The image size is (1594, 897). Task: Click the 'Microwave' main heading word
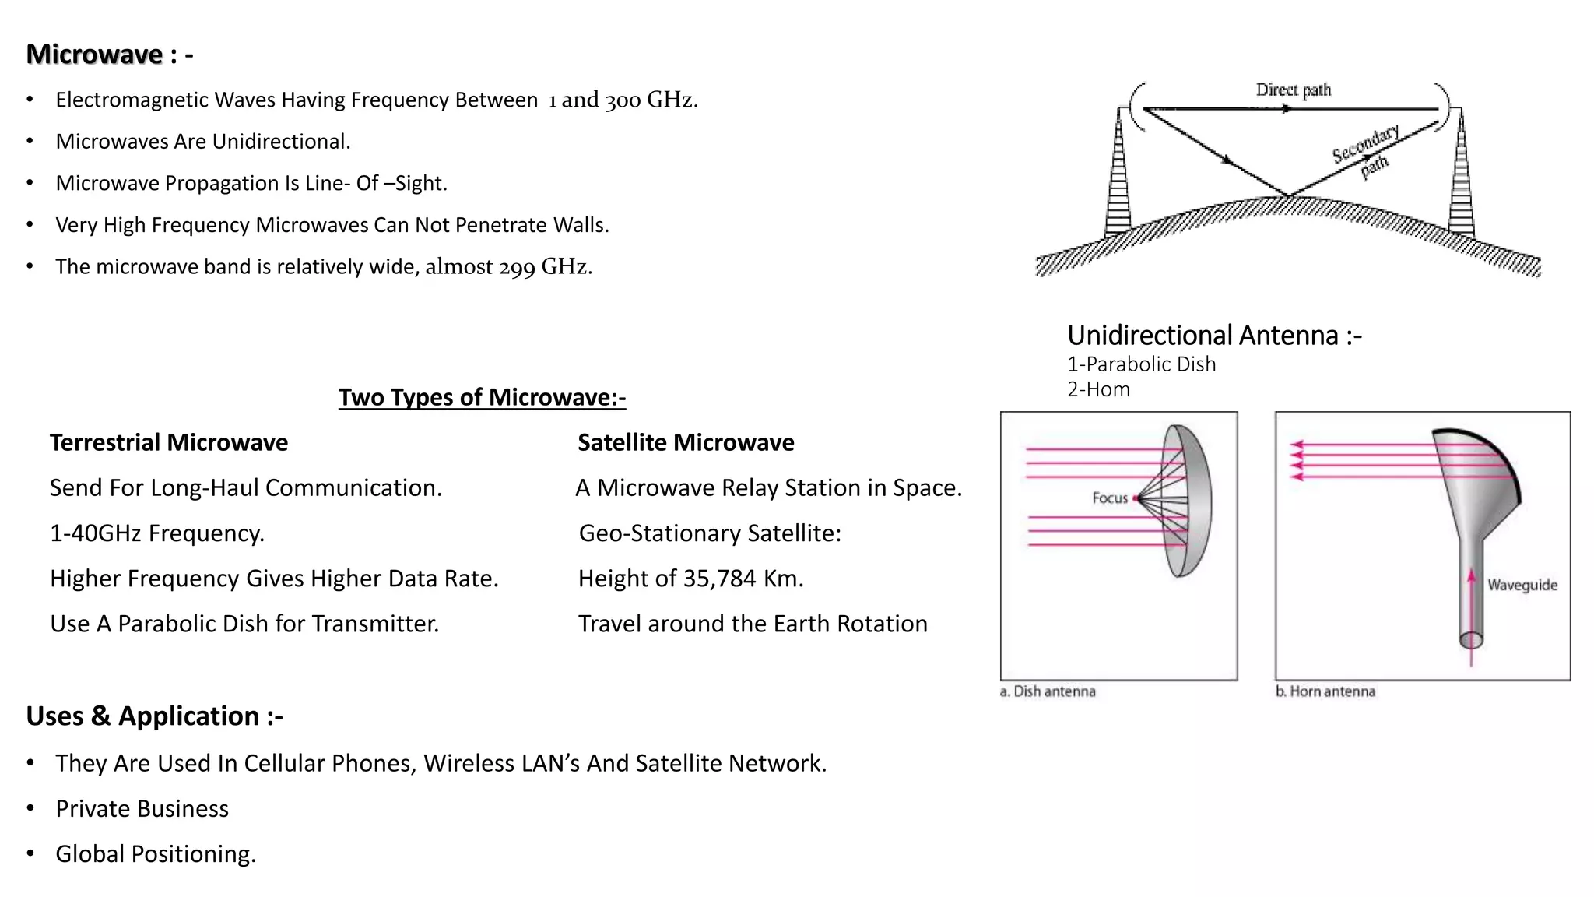point(94,55)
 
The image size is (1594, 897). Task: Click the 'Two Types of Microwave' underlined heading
point(482,397)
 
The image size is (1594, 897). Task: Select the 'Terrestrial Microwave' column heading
point(169,442)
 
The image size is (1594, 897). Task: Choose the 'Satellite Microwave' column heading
point(686,442)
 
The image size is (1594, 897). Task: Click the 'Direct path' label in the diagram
point(1294,90)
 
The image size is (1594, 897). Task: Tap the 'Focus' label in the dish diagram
point(1109,498)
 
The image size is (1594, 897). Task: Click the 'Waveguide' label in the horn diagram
point(1522,585)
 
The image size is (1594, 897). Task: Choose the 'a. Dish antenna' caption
point(1048,691)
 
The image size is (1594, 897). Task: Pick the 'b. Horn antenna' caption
point(1325,691)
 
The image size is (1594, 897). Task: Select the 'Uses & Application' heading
point(154,716)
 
